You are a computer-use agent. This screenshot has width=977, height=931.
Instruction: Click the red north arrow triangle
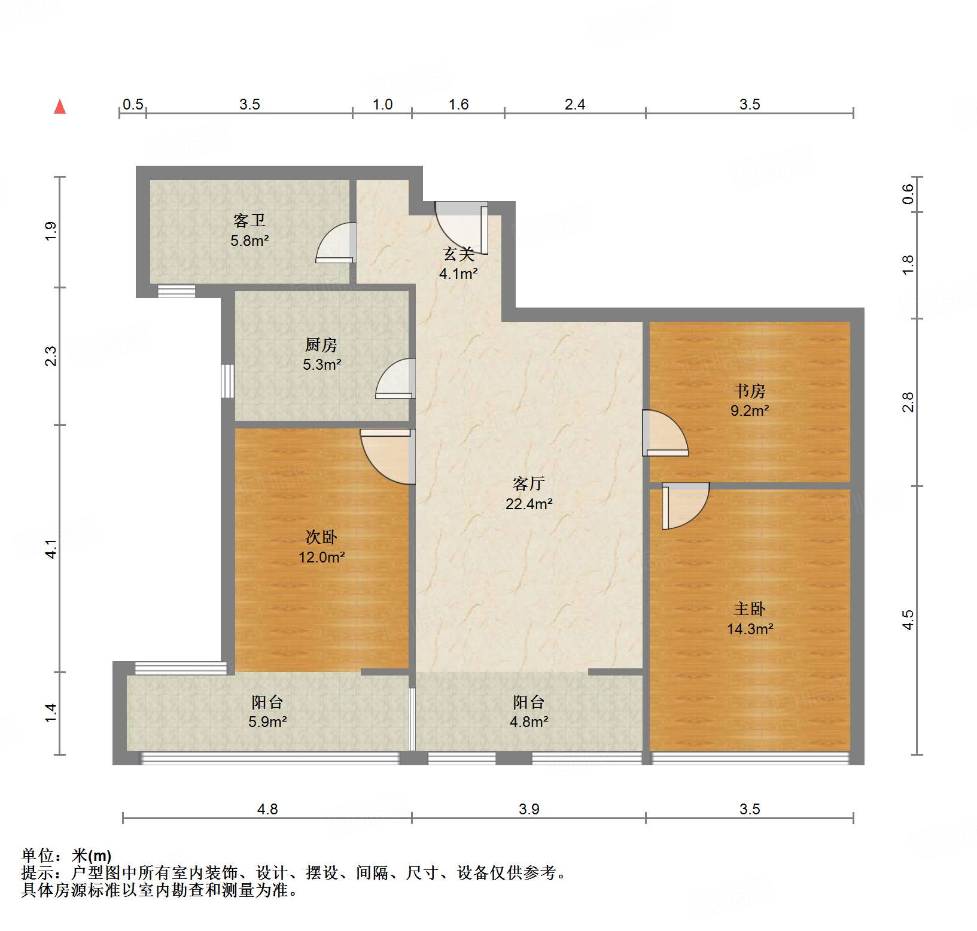[x=60, y=107]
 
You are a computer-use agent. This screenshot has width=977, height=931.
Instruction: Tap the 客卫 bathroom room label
[x=249, y=221]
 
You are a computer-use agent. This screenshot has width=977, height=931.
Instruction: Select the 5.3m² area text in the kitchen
[x=322, y=364]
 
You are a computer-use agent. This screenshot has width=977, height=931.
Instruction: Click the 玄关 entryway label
[x=459, y=254]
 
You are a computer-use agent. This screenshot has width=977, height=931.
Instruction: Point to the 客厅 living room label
[x=529, y=483]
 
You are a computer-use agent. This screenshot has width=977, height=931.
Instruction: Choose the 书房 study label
[x=750, y=391]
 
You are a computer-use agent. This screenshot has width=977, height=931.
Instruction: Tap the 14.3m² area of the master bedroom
[x=750, y=629]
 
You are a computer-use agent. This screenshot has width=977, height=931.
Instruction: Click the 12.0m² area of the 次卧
[x=322, y=558]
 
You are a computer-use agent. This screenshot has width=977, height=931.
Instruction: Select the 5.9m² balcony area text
[x=267, y=722]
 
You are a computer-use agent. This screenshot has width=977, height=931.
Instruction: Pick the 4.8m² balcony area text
[x=529, y=722]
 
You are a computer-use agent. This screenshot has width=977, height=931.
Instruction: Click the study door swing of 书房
[x=664, y=433]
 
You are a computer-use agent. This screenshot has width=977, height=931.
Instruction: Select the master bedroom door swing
[x=686, y=506]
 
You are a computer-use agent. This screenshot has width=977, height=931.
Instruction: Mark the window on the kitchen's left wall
[x=227, y=381]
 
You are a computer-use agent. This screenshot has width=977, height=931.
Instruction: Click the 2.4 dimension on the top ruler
[x=575, y=105]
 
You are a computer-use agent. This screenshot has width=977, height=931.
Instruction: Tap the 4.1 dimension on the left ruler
[x=52, y=549]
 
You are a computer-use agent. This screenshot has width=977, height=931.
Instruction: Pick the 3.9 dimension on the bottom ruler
[x=529, y=810]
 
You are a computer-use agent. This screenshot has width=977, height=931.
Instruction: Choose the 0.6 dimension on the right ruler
[x=908, y=194]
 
